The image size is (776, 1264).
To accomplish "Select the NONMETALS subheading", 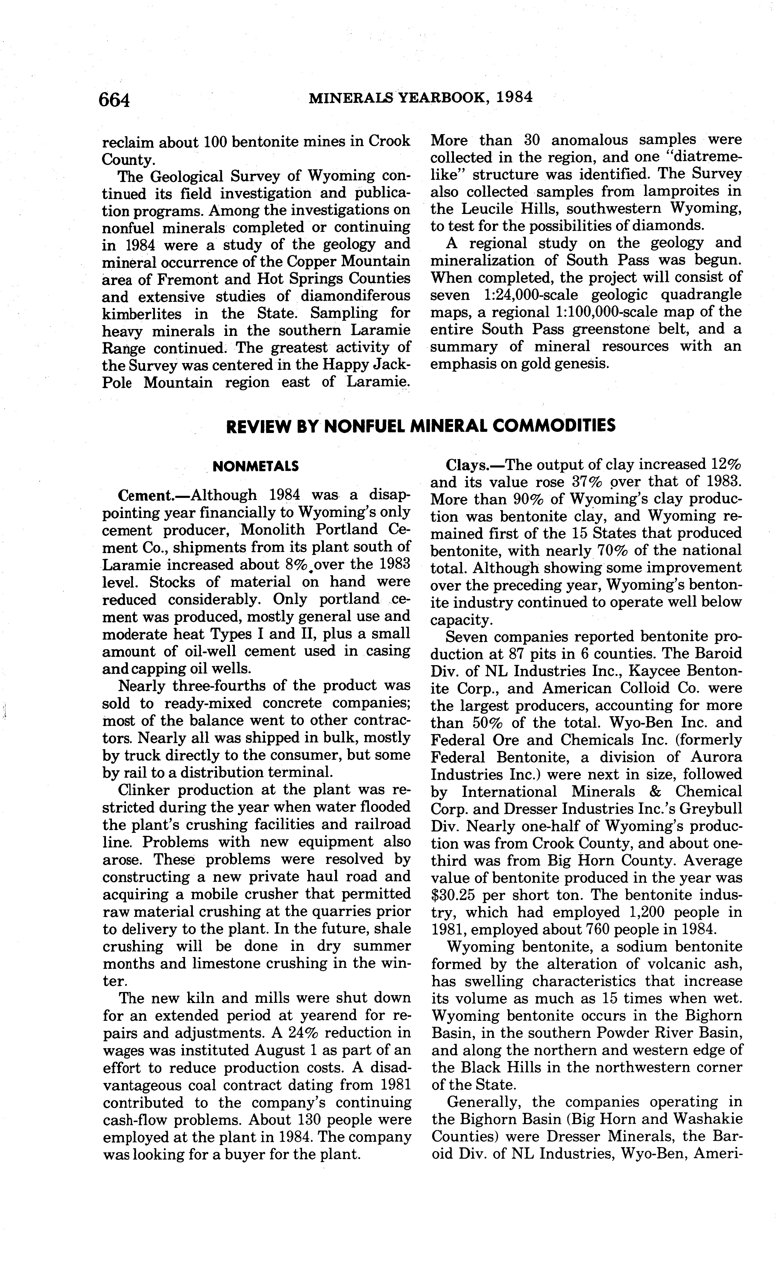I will click(256, 466).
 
